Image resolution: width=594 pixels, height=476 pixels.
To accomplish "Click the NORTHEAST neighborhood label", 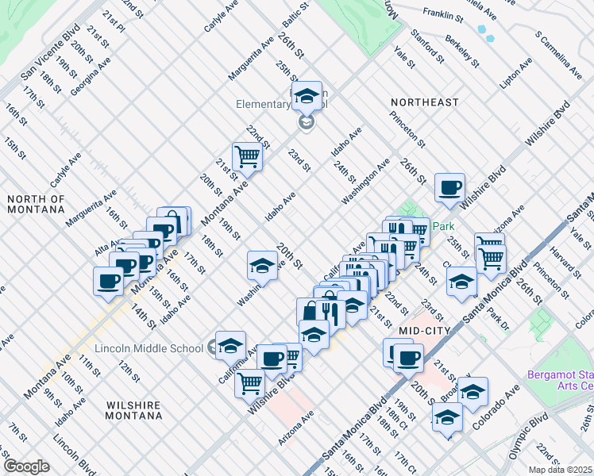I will coord(424,102).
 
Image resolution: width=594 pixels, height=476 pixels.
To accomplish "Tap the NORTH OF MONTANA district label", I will coord(35,204).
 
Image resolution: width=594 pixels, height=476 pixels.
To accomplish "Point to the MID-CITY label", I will coord(425,330).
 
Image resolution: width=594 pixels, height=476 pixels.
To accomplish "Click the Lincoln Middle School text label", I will coord(149,348).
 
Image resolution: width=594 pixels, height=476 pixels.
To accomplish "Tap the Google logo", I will coord(26,466).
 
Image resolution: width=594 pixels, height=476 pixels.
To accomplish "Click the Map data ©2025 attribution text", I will coord(561,470).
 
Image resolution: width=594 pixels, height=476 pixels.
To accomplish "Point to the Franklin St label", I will coord(443,13).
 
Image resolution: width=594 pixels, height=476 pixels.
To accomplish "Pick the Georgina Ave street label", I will coord(90,76).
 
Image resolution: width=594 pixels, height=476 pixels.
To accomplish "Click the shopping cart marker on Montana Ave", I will coord(247,156).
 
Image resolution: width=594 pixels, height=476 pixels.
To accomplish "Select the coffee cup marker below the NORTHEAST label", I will coord(449,187).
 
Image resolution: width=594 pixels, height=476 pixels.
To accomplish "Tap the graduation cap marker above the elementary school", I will coord(306,96).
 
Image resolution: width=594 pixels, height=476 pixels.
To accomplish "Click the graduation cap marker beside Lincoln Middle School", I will coord(230,344).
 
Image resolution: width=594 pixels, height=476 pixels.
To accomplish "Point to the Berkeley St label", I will coord(462,52).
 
